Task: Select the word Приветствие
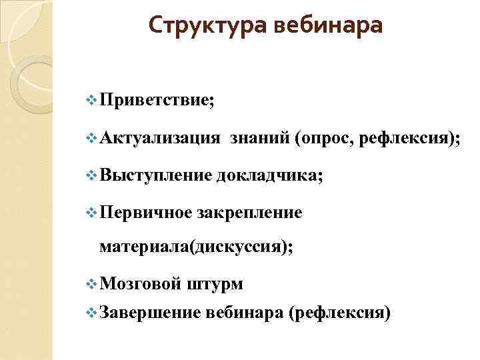156,101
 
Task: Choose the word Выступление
155,175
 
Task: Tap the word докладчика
269,175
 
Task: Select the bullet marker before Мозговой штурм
91,284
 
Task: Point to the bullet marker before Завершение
91,311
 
